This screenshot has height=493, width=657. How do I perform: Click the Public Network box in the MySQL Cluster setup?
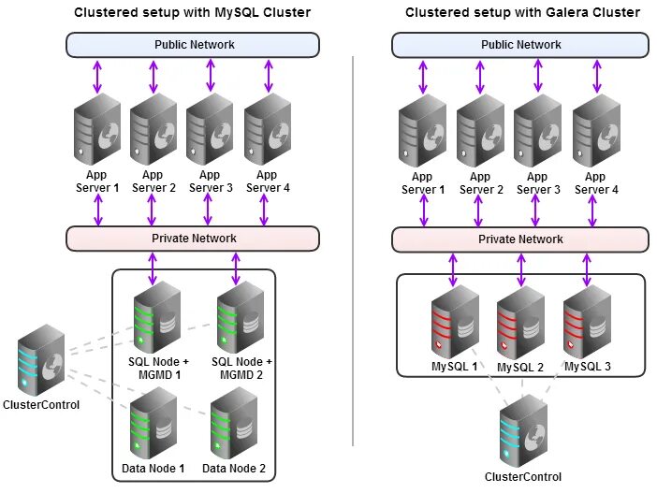(193, 45)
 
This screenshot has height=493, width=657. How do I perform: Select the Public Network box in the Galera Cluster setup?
(519, 45)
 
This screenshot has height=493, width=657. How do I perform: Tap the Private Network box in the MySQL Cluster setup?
(193, 239)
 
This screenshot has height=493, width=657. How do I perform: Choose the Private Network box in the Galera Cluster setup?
(519, 239)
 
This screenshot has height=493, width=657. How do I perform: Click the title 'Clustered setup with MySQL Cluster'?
(193, 12)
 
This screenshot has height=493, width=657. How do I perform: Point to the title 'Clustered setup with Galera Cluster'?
(522, 12)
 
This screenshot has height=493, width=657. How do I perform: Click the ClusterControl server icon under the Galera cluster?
(522, 430)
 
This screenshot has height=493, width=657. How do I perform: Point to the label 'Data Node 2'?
(234, 469)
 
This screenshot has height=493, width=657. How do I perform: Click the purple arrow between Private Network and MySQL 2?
(521, 269)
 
